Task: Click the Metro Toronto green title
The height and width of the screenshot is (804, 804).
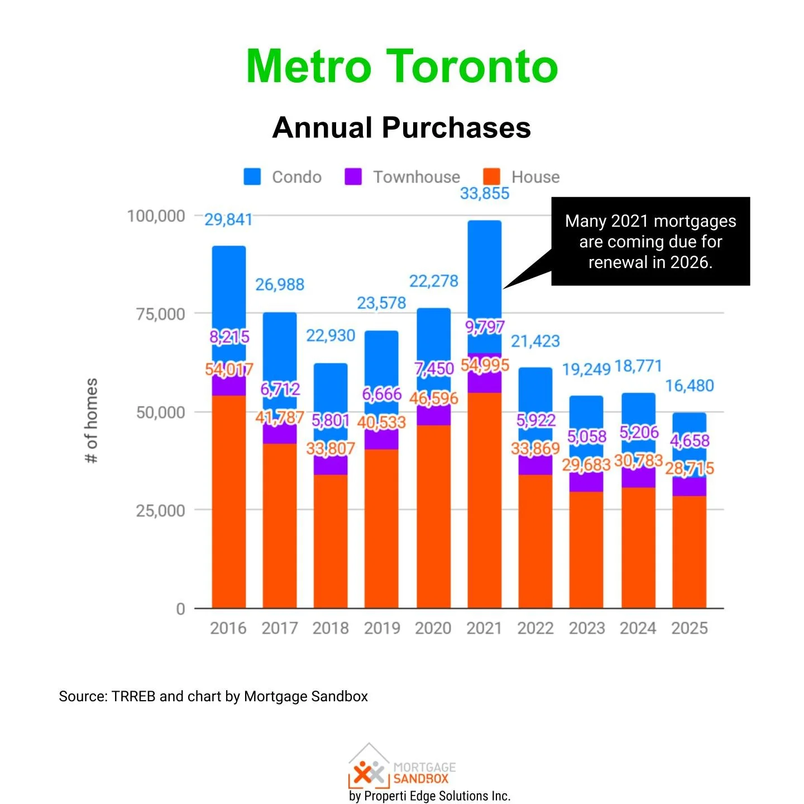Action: (402, 67)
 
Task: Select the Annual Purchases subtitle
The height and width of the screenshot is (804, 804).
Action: (401, 127)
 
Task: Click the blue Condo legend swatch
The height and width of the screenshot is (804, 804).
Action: (252, 176)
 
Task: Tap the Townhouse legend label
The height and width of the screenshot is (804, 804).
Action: (417, 177)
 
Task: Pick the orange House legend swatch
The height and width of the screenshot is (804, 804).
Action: (491, 176)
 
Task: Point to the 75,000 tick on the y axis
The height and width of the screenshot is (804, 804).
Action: (160, 314)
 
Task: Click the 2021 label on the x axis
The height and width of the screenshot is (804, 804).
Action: (484, 628)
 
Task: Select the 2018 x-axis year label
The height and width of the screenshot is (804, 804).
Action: (331, 628)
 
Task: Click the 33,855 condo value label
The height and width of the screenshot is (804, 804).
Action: (485, 194)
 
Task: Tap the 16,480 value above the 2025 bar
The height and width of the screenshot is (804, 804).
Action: (690, 386)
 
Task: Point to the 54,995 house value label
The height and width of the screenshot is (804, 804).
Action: (485, 366)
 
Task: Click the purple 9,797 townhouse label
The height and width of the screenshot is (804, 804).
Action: (485, 327)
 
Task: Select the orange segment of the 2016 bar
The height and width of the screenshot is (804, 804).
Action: (229, 502)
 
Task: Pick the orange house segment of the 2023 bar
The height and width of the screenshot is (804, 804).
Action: (586, 550)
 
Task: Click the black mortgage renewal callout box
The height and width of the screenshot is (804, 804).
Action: (650, 241)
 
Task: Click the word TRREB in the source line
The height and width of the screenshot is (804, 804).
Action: (133, 696)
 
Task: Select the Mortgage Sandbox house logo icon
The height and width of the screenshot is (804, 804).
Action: (368, 768)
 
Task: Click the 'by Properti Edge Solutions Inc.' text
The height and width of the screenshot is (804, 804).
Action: (429, 796)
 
